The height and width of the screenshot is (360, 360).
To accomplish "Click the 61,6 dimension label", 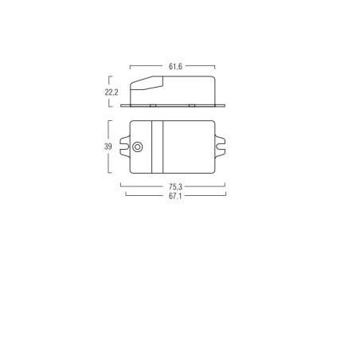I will [172, 67].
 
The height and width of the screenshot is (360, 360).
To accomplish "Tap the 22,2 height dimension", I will [112, 93].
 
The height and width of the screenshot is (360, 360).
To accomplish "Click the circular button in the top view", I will [139, 147].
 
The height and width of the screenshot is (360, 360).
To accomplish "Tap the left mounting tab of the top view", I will [123, 147].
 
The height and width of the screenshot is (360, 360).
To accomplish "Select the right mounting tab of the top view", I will [221, 147].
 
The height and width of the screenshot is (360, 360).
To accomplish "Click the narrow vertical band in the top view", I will [158, 147].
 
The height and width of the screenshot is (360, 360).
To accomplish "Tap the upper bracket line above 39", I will [109, 127].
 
